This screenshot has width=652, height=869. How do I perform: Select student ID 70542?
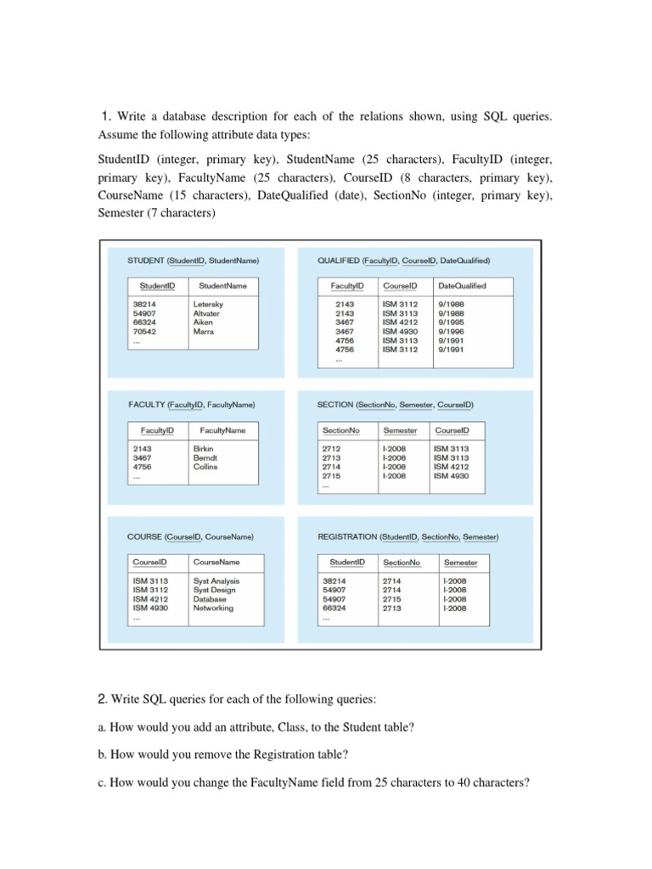(x=145, y=332)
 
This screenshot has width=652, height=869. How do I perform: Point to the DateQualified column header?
(x=462, y=286)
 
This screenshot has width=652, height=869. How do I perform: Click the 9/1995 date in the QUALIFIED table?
(x=450, y=322)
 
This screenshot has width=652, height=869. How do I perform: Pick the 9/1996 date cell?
(x=450, y=332)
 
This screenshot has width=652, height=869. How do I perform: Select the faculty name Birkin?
(x=204, y=449)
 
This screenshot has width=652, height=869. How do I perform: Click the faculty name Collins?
(x=205, y=467)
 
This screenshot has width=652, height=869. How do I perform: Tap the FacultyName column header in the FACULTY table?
(x=222, y=430)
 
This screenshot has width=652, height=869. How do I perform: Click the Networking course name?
(x=213, y=608)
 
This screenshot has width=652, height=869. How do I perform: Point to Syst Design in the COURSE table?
(x=215, y=591)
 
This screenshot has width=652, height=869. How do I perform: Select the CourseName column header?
(x=216, y=562)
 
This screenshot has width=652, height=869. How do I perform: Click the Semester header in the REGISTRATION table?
(x=460, y=563)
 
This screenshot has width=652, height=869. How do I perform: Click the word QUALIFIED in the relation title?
(x=338, y=261)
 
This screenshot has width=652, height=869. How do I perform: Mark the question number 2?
(x=103, y=698)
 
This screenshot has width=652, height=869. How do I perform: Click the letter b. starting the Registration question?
(x=103, y=754)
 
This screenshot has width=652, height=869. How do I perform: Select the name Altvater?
(x=206, y=314)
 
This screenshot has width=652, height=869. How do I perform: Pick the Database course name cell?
(x=210, y=599)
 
